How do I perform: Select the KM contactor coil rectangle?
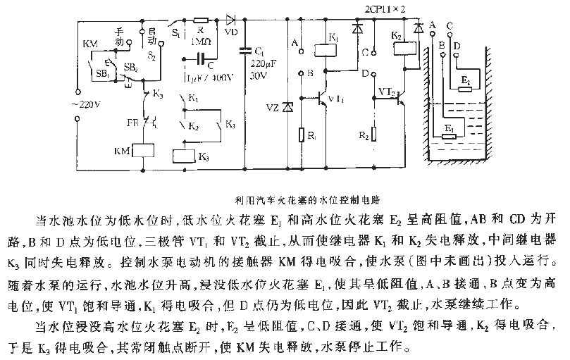[x=145, y=151]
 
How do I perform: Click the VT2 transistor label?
[x=386, y=92]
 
